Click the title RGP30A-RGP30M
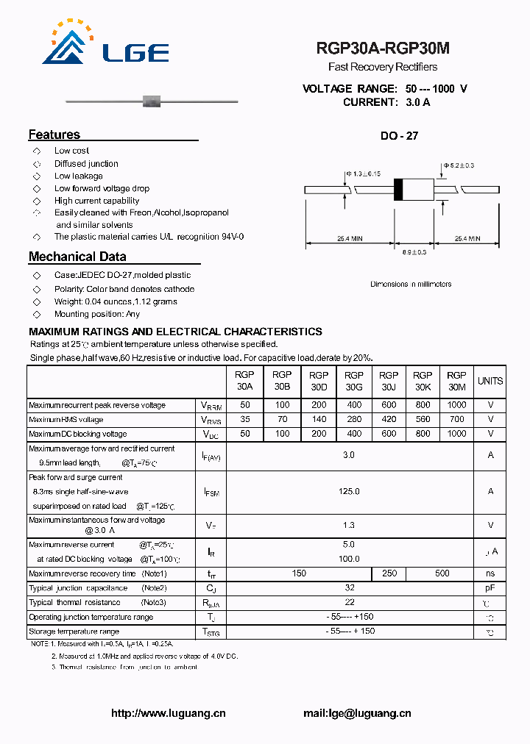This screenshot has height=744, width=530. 382,49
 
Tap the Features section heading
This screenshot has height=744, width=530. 54,135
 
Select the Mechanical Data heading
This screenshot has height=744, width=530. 77,257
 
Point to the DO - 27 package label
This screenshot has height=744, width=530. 400,136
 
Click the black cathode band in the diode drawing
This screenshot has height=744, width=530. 398,190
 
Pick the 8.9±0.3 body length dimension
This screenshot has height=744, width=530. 414,252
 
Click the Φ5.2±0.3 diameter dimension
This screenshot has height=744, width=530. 459,165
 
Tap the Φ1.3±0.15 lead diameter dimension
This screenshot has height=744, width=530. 362,174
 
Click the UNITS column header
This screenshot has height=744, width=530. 490,381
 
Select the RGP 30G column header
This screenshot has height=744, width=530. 354,381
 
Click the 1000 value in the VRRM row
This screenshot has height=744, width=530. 456,405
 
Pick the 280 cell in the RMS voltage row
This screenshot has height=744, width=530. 354,420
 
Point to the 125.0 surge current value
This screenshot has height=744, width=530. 349,491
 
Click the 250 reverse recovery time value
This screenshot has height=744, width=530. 389,573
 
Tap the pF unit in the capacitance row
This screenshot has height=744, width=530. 490,588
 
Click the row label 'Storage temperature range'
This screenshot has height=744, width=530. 74,632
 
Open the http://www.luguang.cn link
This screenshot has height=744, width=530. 168,713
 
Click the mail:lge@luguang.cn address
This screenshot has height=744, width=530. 357,713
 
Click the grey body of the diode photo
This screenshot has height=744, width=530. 151,99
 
